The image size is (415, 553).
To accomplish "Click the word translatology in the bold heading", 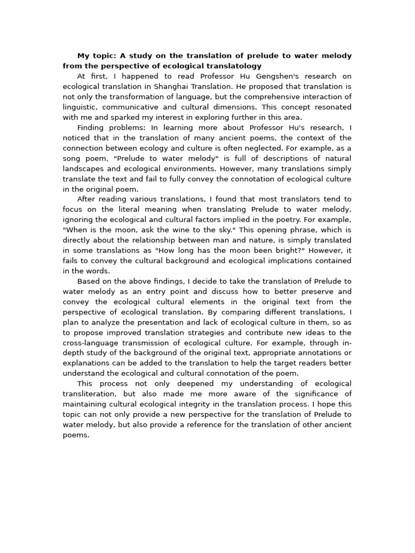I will tap(232, 66).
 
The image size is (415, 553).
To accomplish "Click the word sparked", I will tap(115, 117).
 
